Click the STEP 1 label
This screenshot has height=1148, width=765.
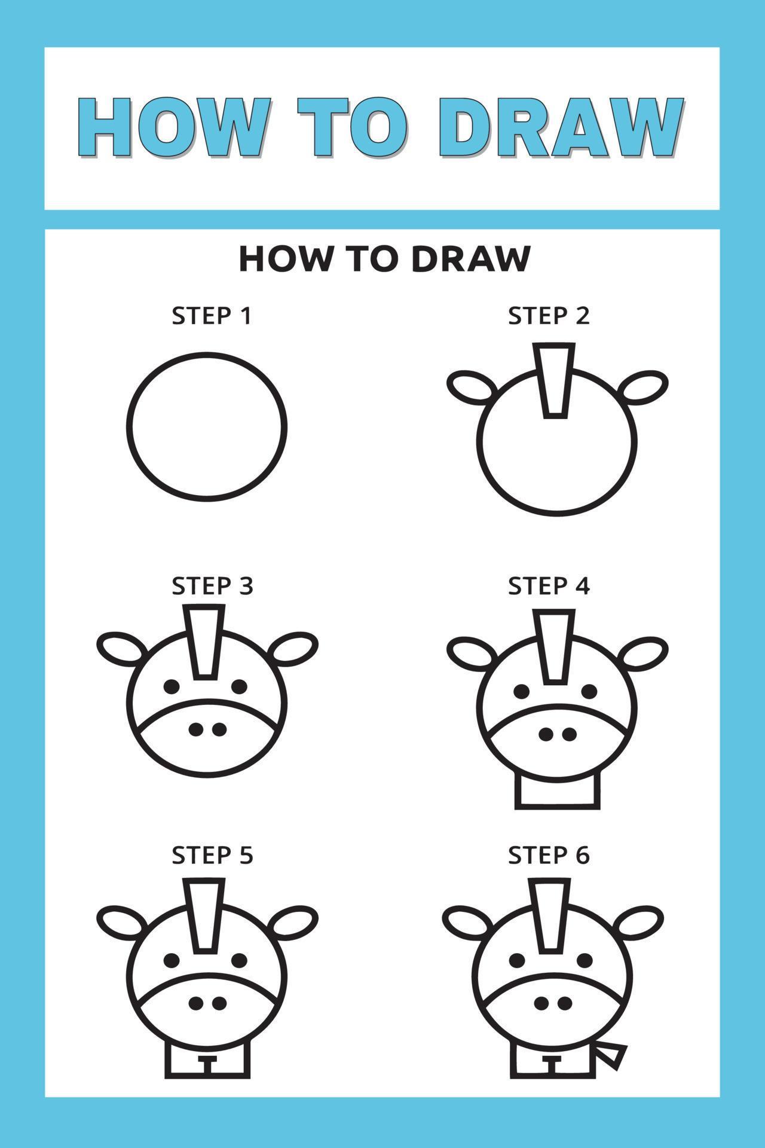pos(212,316)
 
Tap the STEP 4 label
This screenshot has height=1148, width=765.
pos(549,586)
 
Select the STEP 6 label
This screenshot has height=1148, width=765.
pos(549,856)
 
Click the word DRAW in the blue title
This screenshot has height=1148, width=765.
pos(565,128)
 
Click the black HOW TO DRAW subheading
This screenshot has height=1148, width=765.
pos(384,259)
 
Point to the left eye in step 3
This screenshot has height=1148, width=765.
pos(172,686)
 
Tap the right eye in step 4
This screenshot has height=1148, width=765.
pos(589,692)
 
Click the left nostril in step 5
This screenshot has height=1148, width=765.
pos(195,1003)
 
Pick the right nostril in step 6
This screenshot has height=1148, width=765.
pos(564,1003)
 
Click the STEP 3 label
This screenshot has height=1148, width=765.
pos(212,586)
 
